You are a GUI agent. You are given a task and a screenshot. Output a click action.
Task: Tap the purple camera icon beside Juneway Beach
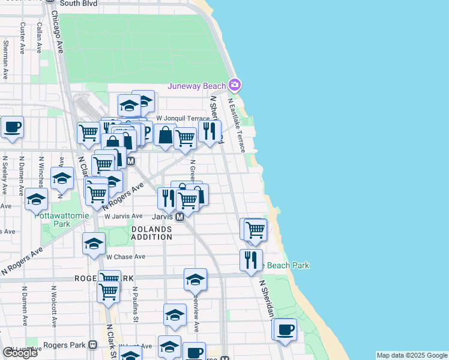(x=235, y=85)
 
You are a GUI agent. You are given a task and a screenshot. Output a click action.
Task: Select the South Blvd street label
(x=78, y=3)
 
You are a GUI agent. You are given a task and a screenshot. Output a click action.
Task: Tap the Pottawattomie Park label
(x=71, y=220)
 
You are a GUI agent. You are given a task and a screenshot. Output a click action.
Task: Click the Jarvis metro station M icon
(x=179, y=217)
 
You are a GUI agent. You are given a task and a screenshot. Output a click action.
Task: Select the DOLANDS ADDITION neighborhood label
(x=151, y=233)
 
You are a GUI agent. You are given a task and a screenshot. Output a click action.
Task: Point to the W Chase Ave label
(x=126, y=257)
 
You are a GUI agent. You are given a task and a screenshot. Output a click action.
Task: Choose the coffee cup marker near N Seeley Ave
(x=12, y=127)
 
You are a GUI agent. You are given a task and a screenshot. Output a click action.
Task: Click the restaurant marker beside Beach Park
(x=251, y=260)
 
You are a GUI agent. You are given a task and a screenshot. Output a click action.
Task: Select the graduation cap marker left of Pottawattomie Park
(x=37, y=198)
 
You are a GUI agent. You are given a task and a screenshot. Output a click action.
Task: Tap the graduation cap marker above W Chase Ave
(x=94, y=243)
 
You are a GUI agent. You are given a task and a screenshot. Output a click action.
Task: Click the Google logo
(x=20, y=352)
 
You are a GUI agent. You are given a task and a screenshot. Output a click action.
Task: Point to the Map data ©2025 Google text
(x=411, y=355)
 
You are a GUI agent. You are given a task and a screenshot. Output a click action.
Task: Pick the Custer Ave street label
(x=23, y=37)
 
